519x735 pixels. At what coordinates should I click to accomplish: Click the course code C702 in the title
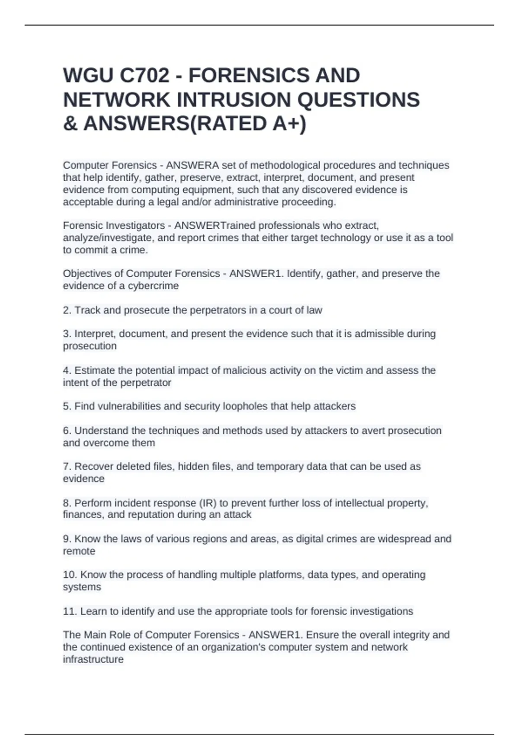(x=144, y=76)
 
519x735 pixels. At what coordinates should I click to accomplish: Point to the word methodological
(x=285, y=166)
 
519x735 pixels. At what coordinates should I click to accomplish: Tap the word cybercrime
(x=153, y=286)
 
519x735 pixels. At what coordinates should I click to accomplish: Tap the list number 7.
(x=67, y=467)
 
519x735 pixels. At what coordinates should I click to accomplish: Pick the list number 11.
(x=70, y=611)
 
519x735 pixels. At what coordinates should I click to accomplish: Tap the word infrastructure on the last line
(x=93, y=660)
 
